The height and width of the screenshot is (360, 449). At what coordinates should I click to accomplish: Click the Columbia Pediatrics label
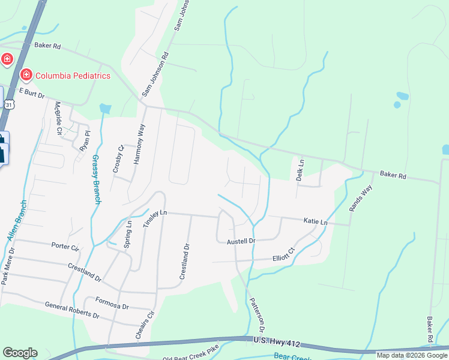[x=73, y=76]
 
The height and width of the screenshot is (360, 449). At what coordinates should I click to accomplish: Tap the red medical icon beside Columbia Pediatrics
[x=26, y=75]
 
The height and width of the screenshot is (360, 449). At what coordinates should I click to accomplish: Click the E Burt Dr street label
[x=33, y=92]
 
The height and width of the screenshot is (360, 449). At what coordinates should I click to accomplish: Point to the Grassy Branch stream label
[x=95, y=179]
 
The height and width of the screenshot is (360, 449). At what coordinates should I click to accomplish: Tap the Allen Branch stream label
[x=17, y=221]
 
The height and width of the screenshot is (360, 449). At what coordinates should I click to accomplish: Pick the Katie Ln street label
[x=315, y=222]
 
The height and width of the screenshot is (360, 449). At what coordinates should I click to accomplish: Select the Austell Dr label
[x=241, y=241]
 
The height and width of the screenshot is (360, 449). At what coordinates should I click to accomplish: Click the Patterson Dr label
[x=257, y=315]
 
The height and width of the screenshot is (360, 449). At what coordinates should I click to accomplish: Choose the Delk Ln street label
[x=301, y=168]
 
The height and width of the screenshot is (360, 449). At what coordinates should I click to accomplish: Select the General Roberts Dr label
[x=71, y=310]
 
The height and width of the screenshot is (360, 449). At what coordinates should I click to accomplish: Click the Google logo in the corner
[x=20, y=353]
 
